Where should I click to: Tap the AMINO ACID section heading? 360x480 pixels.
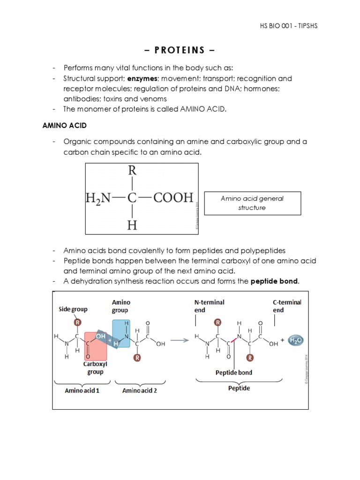coord(65,126)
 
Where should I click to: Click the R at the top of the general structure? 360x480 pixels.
coord(132,171)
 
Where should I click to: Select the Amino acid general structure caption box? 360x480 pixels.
coord(252,203)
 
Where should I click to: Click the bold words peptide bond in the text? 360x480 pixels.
coord(274,281)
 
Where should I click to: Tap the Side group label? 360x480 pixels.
coord(73,309)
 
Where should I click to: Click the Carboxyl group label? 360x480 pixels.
coord(95,367)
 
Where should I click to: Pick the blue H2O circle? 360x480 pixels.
coord(296,341)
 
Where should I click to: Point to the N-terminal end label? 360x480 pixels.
coord(209,306)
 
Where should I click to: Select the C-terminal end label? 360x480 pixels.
coord(287,306)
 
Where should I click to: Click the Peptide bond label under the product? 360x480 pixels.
coord(233,373)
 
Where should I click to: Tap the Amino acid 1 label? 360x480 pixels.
coord(82,390)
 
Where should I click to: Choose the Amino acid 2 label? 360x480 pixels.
coord(139,390)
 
